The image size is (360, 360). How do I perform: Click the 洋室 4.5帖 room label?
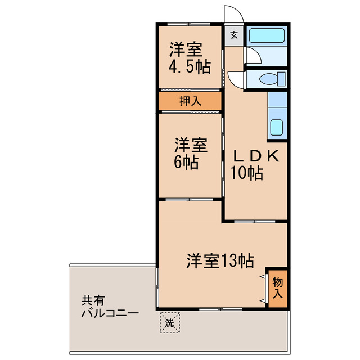(190, 58)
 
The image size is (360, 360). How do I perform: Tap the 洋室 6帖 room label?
(190, 153)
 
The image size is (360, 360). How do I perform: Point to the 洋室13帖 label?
(220, 260)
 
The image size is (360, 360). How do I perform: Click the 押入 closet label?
(190, 101)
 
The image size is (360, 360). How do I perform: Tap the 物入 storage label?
(278, 287)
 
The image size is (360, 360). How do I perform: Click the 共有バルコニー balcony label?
(106, 307)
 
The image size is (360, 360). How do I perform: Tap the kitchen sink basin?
(277, 127)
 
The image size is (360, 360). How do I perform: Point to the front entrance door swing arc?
(233, 14)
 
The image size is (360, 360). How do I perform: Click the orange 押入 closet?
(190, 101)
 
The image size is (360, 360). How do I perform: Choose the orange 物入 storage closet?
(278, 287)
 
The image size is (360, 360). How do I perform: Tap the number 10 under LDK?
(239, 174)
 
